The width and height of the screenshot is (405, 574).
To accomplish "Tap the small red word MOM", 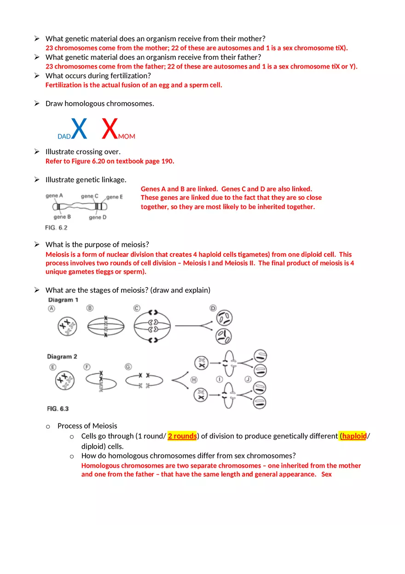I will pos(127,137).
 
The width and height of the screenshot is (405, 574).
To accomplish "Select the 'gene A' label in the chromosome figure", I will pos(54,196).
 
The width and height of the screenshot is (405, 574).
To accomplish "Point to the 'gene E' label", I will pos(115,197).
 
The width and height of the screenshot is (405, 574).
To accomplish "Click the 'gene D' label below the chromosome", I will pos(98,217).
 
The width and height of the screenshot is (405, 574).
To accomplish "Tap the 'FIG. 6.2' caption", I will pos(56,228).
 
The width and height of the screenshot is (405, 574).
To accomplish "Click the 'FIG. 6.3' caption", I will pos(58,408).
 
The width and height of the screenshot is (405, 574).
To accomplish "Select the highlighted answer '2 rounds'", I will pos(182,436).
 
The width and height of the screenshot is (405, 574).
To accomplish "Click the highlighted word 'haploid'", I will pos(353,436).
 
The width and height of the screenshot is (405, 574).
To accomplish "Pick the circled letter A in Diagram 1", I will pos(52,309).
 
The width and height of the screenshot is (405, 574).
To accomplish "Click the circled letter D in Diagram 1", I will pos(213,308).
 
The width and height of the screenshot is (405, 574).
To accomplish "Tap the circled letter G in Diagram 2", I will pos(128,366).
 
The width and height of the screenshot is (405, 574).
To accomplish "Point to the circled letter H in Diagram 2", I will pos(194,379).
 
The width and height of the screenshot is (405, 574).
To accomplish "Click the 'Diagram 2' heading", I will pos(62,356).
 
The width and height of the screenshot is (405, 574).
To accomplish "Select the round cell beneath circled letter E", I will pos(65,381).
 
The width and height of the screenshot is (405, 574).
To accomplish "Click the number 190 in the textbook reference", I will pos(168,161).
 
